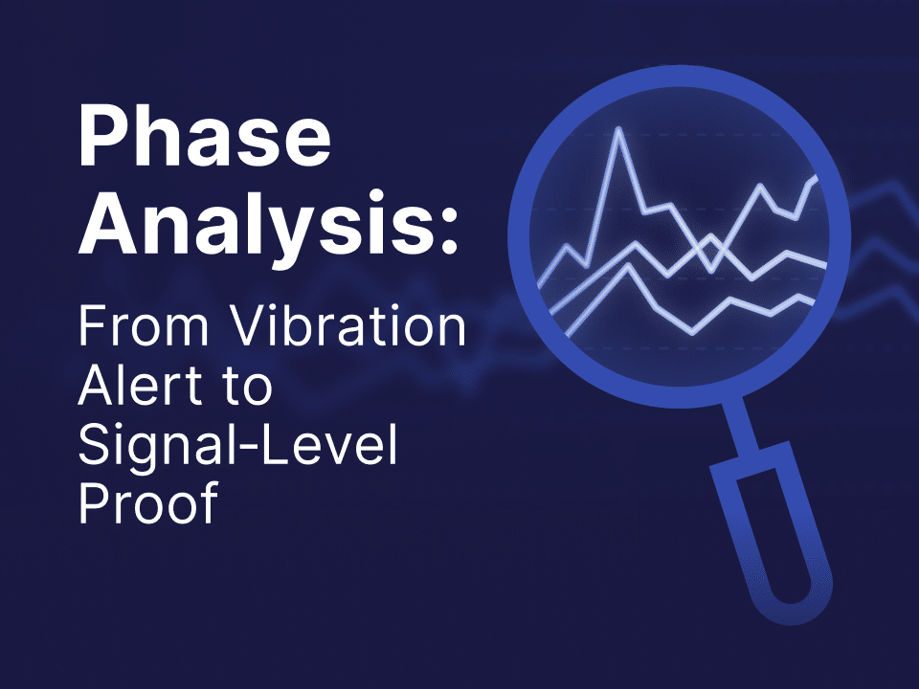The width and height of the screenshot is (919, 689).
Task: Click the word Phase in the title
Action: pyautogui.click(x=204, y=141)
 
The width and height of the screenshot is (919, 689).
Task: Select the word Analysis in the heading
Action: pyautogui.click(x=251, y=231)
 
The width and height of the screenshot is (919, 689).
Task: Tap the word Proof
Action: pyautogui.click(x=148, y=504)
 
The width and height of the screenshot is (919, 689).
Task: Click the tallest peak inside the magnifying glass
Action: pyautogui.click(x=619, y=132)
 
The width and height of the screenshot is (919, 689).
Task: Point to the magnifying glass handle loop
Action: pyautogui.click(x=775, y=536)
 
